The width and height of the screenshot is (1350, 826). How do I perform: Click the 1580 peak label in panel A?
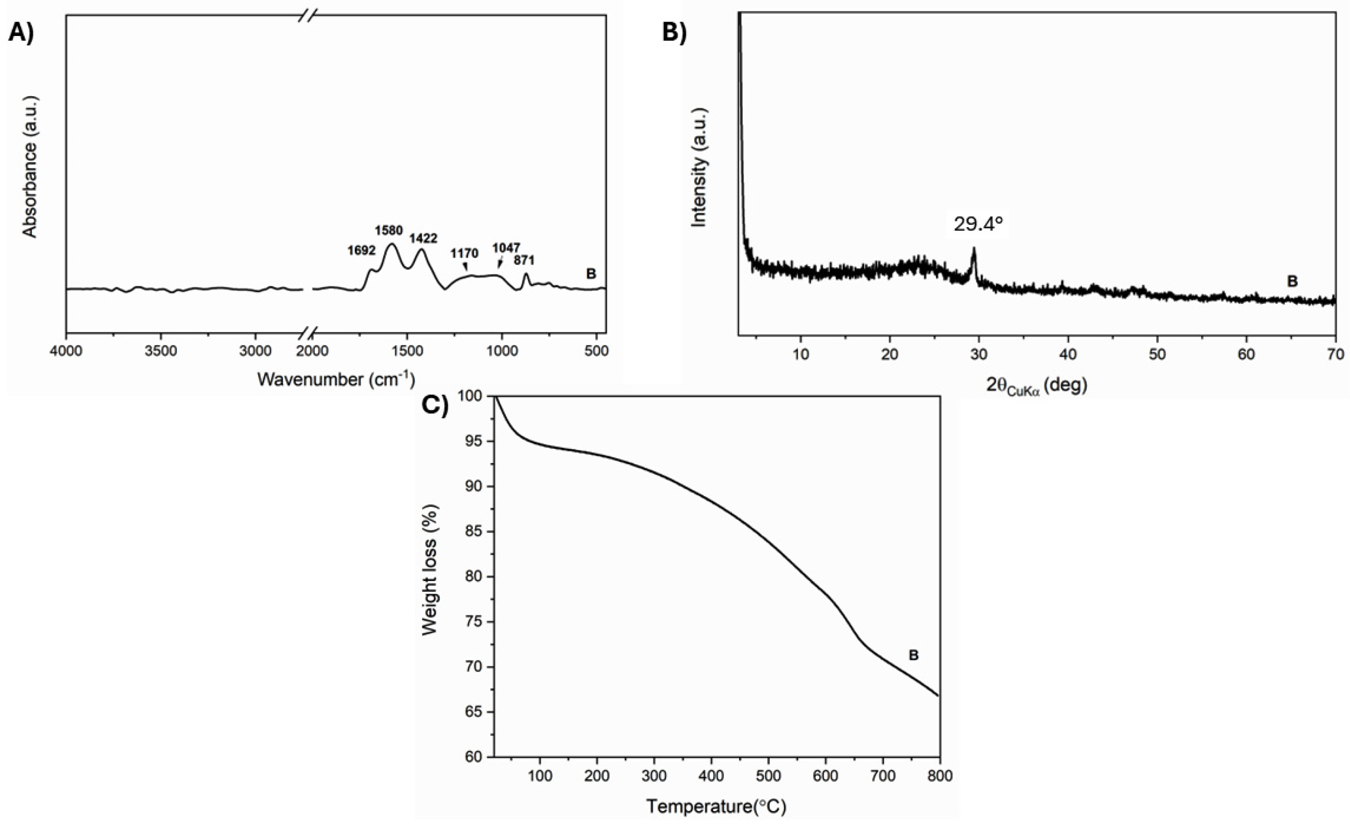(388, 230)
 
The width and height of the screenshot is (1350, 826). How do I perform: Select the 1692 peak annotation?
(361, 250)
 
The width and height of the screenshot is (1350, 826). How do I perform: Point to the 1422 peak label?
(423, 239)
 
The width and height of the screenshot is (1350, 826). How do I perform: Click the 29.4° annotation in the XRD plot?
(978, 224)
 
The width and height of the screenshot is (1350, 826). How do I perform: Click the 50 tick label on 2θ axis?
(1157, 355)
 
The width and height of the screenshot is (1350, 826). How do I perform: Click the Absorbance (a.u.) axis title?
(30, 167)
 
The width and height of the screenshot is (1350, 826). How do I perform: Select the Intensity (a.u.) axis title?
(699, 167)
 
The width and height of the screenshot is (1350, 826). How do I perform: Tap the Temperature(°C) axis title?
(715, 806)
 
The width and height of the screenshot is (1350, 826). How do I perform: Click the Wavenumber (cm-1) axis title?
(335, 379)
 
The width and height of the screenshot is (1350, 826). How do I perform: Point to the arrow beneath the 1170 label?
(466, 266)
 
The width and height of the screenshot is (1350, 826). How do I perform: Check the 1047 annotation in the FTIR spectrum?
(505, 248)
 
